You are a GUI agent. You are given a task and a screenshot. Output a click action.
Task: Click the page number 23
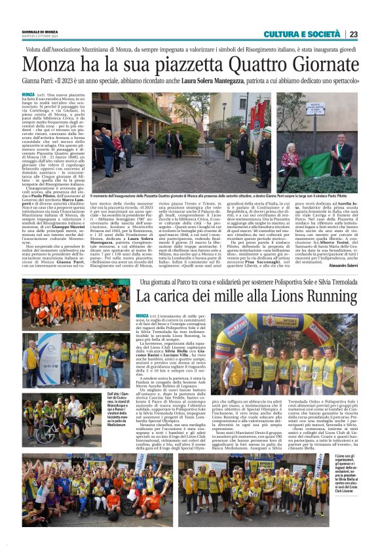354,34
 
